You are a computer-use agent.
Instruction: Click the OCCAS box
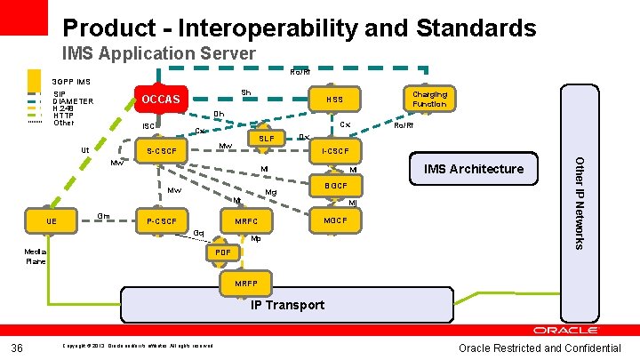click(x=160, y=99)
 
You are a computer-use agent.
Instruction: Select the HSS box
click(x=335, y=99)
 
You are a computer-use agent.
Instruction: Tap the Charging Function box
click(x=429, y=99)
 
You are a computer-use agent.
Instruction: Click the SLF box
click(x=267, y=139)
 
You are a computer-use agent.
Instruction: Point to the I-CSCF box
click(x=335, y=151)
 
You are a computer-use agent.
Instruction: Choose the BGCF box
click(x=335, y=186)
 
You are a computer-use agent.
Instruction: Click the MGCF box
click(x=335, y=220)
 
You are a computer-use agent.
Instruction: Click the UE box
click(x=52, y=220)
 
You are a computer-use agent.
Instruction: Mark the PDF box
click(x=224, y=252)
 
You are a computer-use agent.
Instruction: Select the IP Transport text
click(x=287, y=305)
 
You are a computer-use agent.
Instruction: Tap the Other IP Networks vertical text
click(x=579, y=203)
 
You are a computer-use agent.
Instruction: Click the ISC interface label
click(x=148, y=126)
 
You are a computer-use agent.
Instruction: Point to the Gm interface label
click(x=103, y=215)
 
